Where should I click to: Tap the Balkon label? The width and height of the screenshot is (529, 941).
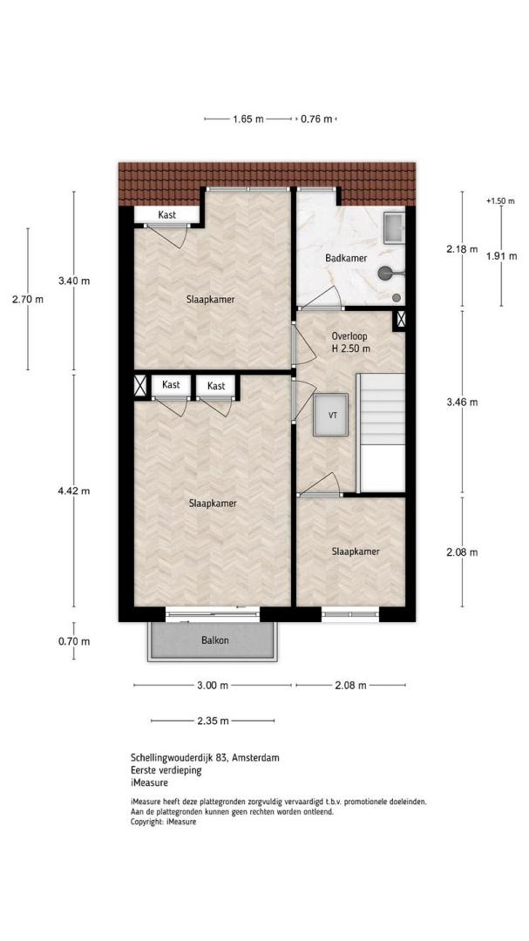214,640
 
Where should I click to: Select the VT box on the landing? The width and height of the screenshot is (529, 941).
330,415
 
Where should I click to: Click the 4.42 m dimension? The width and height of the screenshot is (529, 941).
74,491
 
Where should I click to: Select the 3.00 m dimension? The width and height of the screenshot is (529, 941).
213,686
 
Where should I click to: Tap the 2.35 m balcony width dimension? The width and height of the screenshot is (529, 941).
213,721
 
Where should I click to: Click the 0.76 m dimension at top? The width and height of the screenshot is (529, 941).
316,118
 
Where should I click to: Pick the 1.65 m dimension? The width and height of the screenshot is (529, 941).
248,118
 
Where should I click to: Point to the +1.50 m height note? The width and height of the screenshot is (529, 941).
500,201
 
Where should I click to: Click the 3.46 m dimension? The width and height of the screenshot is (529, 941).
462,403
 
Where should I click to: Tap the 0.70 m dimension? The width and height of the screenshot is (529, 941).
74,641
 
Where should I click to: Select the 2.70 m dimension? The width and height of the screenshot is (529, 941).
28,300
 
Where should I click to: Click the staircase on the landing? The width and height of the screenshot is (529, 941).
381,432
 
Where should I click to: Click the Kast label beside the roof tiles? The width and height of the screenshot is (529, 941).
167,214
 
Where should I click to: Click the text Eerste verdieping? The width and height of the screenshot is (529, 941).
166,770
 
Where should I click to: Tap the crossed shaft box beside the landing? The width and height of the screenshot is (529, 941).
399,320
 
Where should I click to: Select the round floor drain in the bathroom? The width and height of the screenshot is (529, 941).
397,297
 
